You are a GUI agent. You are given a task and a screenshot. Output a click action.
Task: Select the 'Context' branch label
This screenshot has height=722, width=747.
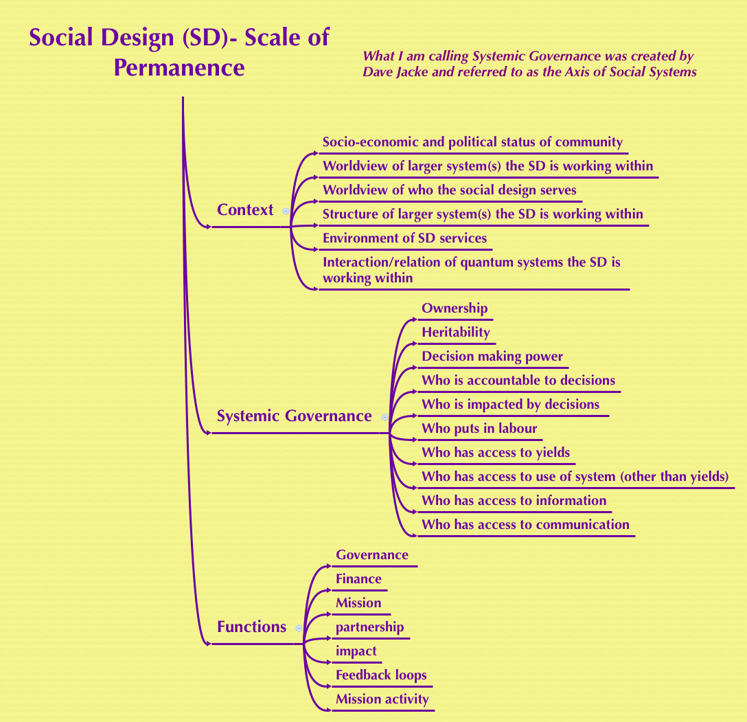[x=245, y=210]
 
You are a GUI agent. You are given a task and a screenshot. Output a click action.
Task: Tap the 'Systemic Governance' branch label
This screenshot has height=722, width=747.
[x=294, y=416]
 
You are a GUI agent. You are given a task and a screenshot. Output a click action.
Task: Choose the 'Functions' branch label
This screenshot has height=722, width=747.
[x=251, y=627]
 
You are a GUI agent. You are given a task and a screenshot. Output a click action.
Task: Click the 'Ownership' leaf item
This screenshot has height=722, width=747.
[x=455, y=308]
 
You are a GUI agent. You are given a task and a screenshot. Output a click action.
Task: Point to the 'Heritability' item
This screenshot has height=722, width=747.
[x=456, y=332]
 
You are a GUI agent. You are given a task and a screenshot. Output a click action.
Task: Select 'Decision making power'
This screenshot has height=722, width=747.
[x=492, y=357]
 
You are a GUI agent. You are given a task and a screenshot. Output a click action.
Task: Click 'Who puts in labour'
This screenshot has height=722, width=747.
[x=479, y=429]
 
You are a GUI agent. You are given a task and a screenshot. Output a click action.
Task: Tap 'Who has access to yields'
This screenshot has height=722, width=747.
[x=496, y=453]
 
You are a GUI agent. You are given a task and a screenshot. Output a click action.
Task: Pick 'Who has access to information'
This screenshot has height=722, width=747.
[x=514, y=501]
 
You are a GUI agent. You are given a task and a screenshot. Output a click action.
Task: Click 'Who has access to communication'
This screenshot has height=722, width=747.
[x=525, y=525]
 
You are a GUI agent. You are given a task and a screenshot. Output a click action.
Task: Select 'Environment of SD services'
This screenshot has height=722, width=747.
[x=404, y=238]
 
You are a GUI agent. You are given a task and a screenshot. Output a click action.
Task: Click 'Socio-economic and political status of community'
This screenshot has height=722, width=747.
[x=472, y=142]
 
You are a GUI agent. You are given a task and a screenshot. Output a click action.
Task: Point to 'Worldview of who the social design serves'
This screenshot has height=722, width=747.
[x=449, y=190]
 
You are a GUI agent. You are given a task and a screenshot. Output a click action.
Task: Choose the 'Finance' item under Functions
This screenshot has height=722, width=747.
[x=358, y=579]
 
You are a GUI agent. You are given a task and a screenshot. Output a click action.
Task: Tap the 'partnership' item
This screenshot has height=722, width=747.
[x=369, y=627]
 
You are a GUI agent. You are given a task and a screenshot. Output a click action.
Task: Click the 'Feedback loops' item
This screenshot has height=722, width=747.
[x=381, y=675]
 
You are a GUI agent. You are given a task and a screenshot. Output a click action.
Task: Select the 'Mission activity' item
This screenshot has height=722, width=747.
[x=382, y=699]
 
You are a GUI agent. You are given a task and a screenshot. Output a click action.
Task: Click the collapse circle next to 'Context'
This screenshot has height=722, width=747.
[x=286, y=212]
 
